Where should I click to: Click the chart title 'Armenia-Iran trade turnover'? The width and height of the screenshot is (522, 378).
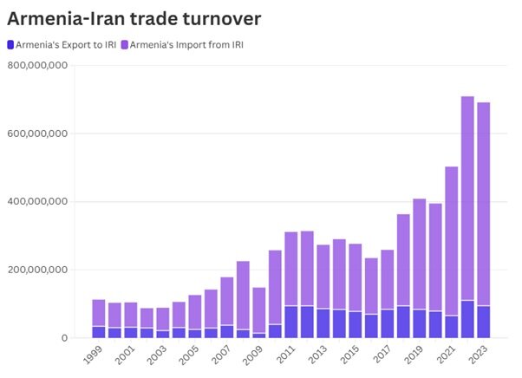click(x=134, y=16)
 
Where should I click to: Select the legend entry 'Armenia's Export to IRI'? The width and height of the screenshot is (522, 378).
click(x=60, y=44)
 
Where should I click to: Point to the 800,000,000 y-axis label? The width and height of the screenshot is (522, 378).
click(x=38, y=66)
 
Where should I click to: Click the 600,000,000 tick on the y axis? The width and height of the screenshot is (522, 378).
click(x=38, y=134)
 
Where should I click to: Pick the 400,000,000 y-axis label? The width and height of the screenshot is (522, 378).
click(x=38, y=202)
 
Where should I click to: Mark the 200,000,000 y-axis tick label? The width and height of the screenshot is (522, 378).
click(x=38, y=270)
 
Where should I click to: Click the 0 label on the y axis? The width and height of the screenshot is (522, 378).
click(x=63, y=338)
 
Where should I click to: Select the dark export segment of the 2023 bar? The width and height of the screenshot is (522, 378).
click(x=483, y=322)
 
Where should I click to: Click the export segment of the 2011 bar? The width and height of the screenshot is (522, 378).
click(x=290, y=322)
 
